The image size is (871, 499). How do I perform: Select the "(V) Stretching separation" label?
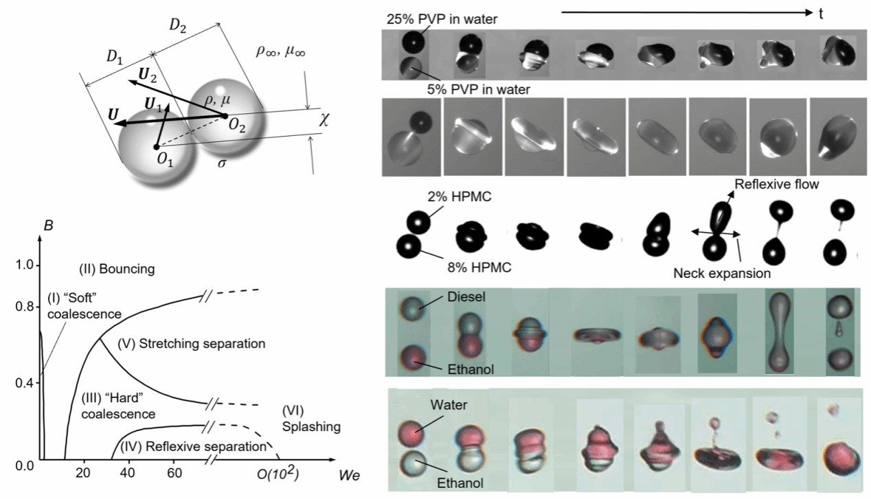point(191,343)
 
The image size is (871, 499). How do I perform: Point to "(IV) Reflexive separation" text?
point(193,446)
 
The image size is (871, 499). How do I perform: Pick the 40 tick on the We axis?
point(128,474)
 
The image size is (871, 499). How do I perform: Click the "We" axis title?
point(346,475)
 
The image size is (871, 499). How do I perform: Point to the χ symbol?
point(324,119)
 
